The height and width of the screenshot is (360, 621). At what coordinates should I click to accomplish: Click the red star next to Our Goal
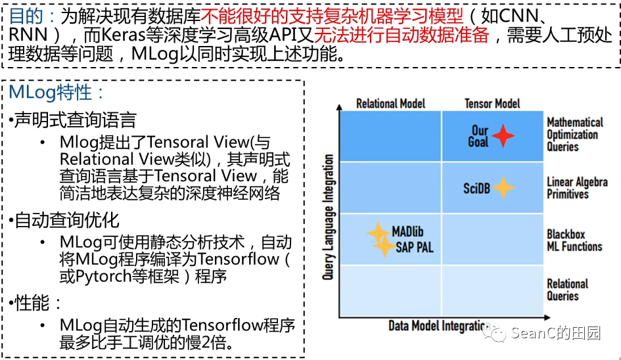pos(503,135)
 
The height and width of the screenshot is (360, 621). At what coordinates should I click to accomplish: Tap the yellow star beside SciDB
pos(503,188)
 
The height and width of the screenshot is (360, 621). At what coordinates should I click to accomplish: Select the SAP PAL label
pos(414,248)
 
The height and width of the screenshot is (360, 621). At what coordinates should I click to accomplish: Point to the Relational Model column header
pos(390,103)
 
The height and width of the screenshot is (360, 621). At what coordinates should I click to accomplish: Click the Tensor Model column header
pos(492,103)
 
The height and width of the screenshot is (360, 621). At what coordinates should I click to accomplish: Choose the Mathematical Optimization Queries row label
pos(574,135)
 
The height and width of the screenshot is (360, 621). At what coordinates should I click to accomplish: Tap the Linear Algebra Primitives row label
pos(577,188)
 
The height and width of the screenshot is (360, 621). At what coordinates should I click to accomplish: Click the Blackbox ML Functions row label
pos(574,240)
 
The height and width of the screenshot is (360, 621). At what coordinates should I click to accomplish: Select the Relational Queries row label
pos(567,290)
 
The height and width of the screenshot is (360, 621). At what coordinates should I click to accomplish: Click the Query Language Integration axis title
pos(329,217)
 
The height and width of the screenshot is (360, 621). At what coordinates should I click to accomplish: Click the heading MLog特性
pos(56,92)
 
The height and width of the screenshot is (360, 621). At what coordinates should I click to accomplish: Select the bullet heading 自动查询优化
pos(66,220)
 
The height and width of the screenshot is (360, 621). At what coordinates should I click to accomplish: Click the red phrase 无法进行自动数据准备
pos(402,35)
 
